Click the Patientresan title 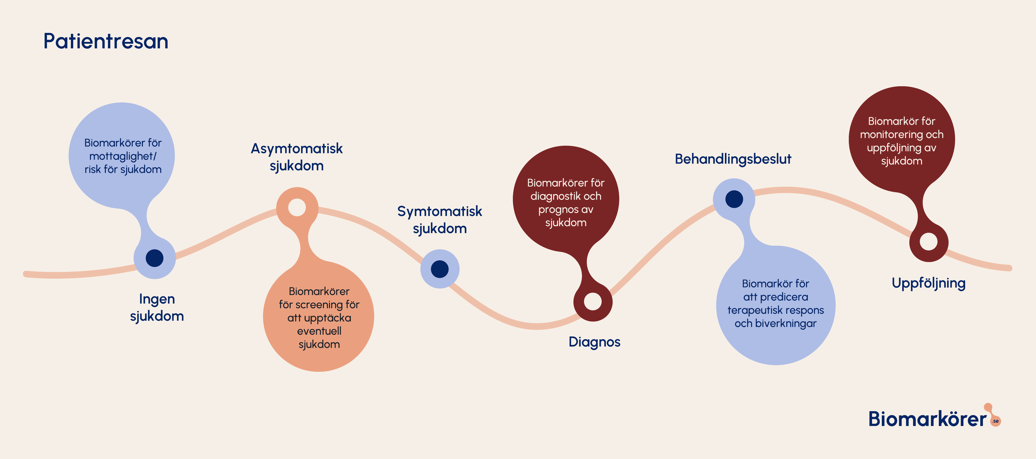click(x=106, y=41)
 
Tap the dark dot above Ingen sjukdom click(x=154, y=258)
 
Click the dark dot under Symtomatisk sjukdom click(x=440, y=269)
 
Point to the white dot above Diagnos click(x=592, y=301)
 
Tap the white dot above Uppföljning click(x=929, y=241)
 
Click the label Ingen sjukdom click(x=157, y=307)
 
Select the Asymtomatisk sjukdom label click(x=297, y=157)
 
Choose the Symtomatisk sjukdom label click(x=440, y=220)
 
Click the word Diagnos click(x=594, y=342)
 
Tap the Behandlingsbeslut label click(x=733, y=159)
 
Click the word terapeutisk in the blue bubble click(x=754, y=310)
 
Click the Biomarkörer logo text click(x=927, y=419)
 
